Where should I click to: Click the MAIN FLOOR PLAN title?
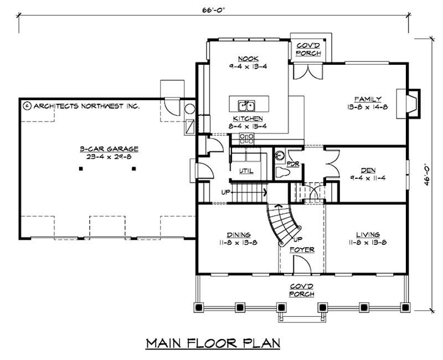[213, 343]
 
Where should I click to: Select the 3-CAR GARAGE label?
[108, 148]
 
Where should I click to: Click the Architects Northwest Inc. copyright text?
[81, 105]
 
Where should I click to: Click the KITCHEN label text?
[247, 119]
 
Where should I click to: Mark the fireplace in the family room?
[411, 103]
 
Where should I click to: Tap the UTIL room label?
[246, 171]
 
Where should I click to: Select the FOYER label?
[302, 250]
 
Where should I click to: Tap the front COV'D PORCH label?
[304, 290]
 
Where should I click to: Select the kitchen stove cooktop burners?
[246, 138]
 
